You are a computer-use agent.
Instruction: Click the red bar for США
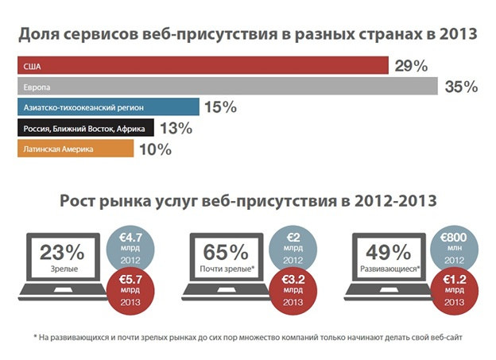(202, 65)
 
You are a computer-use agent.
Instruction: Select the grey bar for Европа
(227, 86)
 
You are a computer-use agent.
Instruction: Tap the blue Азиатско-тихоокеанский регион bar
(107, 107)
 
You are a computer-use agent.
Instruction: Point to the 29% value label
(412, 66)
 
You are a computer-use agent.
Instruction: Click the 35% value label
(461, 87)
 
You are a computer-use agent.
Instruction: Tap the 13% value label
(197, 129)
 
